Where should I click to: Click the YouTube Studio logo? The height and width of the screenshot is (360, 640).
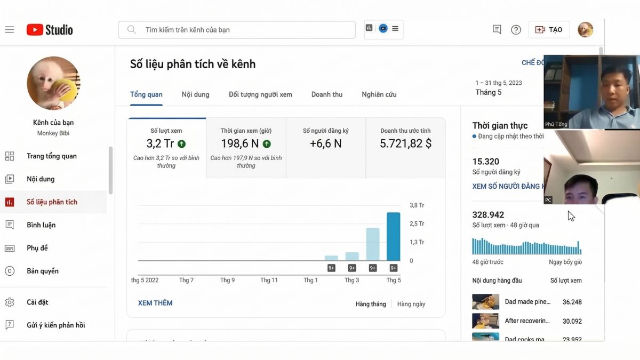(x=50, y=30)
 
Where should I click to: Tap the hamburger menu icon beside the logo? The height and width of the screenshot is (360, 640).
(x=10, y=30)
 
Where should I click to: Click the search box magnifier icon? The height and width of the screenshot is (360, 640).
(x=131, y=30)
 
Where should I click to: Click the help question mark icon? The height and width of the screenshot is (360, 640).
(x=516, y=30)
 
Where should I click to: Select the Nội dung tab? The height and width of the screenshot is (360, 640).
(x=195, y=94)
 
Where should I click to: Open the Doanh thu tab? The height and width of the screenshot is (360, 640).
(x=326, y=94)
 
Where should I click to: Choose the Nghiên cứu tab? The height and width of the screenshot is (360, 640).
(x=379, y=94)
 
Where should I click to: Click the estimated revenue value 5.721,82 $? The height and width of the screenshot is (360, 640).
(x=405, y=143)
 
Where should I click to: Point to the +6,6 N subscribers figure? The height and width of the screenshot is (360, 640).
(x=325, y=143)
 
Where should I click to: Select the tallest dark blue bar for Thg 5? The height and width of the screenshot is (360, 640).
(x=393, y=236)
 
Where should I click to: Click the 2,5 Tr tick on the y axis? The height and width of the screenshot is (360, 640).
(x=417, y=223)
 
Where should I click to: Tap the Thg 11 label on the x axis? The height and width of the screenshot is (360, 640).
(x=269, y=280)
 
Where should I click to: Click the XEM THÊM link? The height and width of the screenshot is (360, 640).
(x=155, y=303)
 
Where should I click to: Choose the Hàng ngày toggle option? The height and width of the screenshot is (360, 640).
(x=411, y=304)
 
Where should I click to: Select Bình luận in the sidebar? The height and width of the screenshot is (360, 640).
(x=41, y=225)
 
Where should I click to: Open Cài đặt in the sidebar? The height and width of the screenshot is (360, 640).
(x=37, y=302)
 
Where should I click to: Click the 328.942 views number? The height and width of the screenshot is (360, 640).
(x=488, y=215)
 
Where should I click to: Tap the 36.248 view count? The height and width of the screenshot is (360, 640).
(x=572, y=302)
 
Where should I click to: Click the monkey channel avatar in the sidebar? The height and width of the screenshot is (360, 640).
(x=53, y=83)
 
